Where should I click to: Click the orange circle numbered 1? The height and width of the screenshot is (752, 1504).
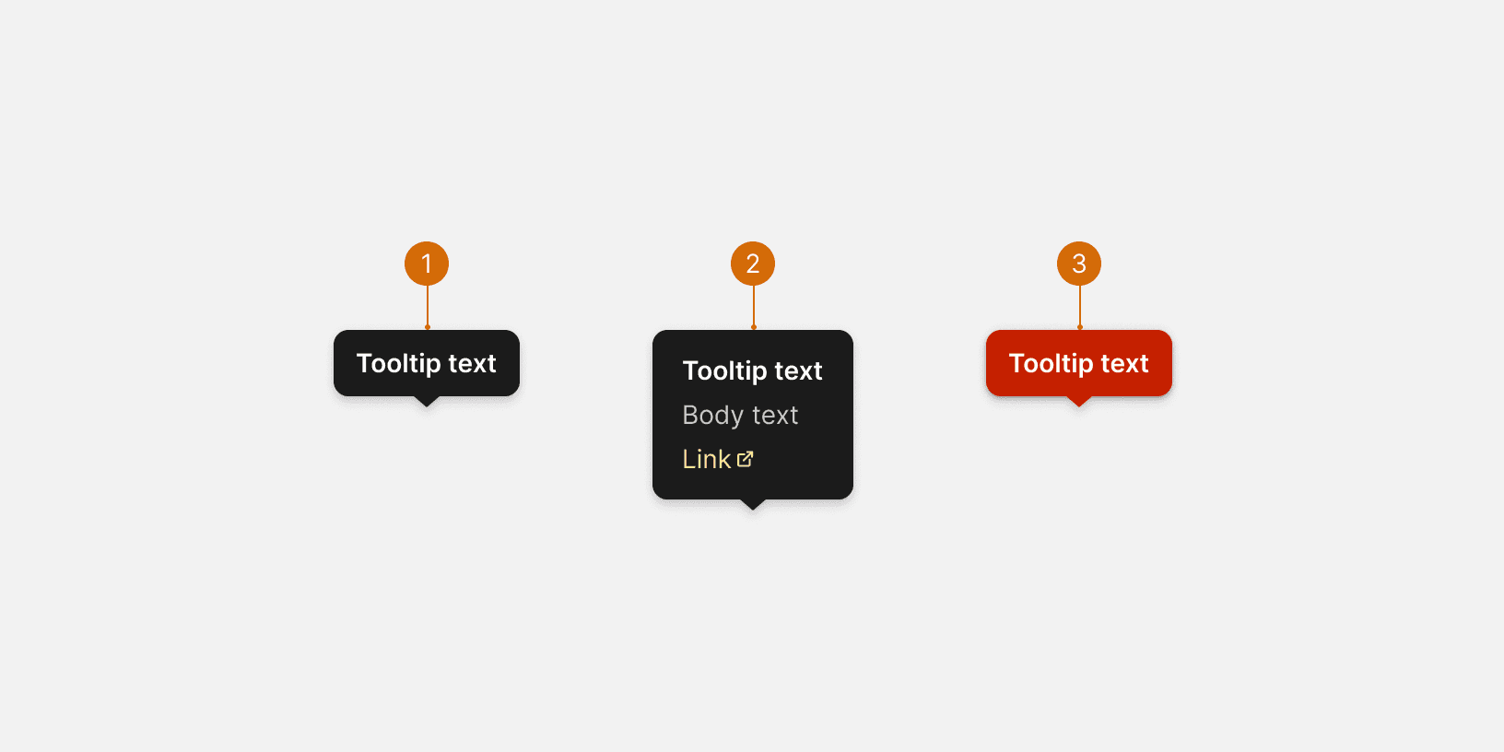[427, 264]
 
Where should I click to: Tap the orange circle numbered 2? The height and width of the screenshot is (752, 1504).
[753, 264]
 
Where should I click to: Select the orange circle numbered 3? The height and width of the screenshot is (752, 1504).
[1079, 264]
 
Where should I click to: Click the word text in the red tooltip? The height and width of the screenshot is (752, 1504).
[1124, 364]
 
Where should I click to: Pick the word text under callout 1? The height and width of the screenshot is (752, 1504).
[472, 364]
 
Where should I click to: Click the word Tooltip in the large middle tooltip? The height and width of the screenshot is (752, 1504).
[724, 371]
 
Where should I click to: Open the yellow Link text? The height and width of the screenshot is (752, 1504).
[706, 459]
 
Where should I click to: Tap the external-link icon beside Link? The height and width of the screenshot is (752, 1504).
[746, 459]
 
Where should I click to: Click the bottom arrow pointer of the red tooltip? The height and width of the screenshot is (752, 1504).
[1078, 401]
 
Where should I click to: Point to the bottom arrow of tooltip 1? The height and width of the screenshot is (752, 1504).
[426, 401]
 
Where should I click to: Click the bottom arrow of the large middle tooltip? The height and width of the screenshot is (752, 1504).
[753, 504]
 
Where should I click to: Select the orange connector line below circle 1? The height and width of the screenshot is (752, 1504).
[428, 306]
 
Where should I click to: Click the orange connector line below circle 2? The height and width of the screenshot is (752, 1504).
[754, 306]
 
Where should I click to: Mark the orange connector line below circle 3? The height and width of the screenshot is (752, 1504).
[1080, 306]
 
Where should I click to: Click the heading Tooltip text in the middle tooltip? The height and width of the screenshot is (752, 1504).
[752, 371]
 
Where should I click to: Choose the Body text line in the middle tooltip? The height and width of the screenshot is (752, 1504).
[740, 416]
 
